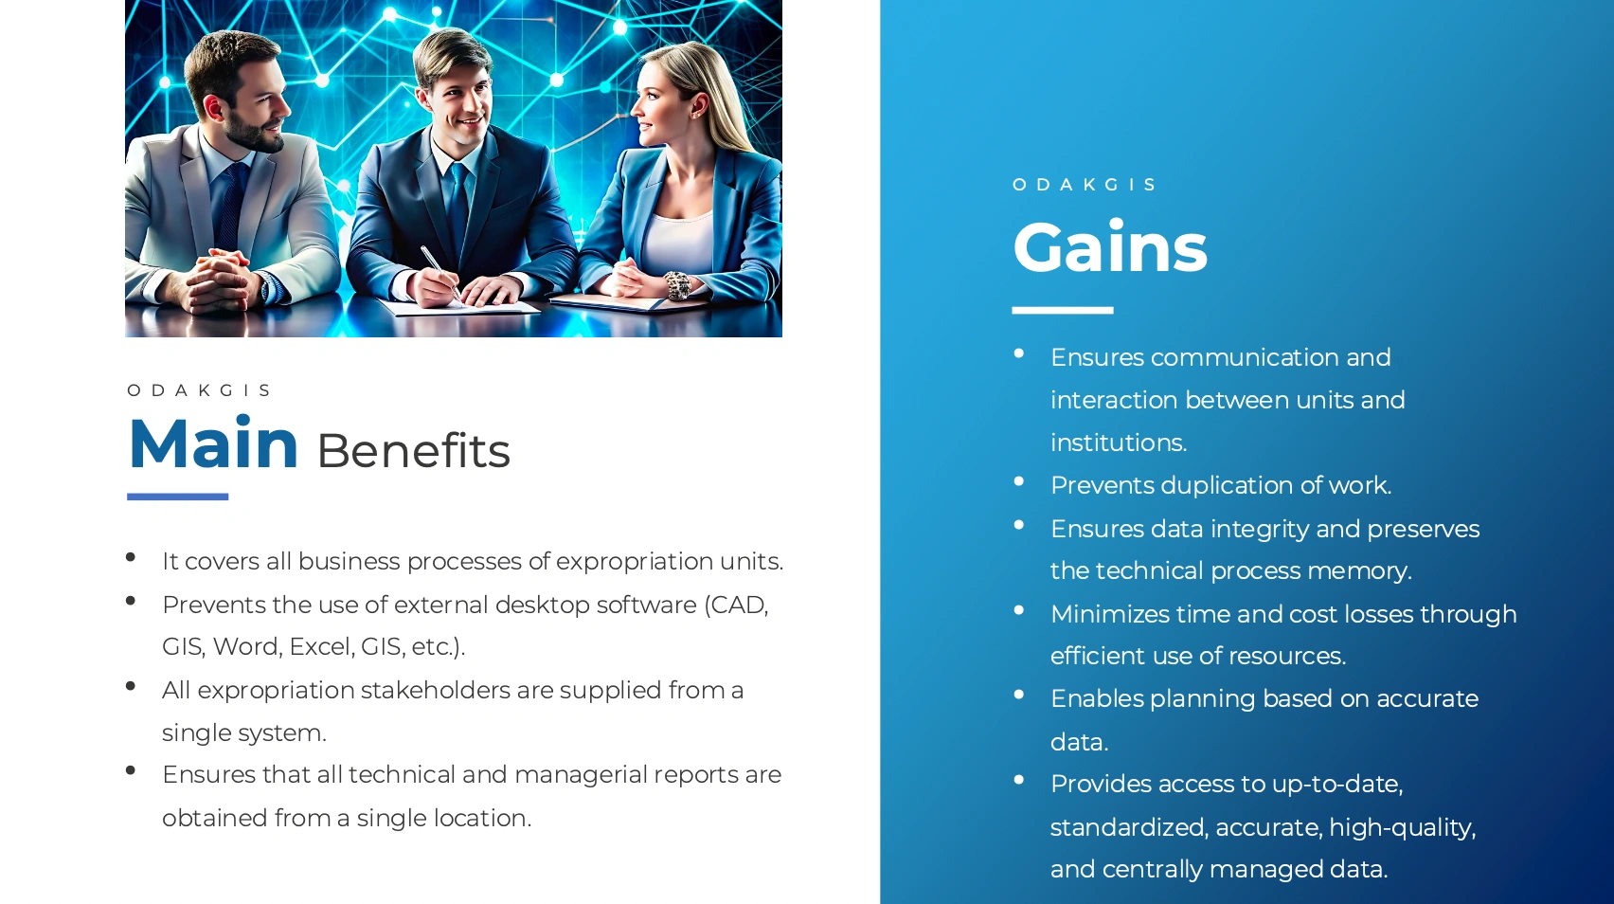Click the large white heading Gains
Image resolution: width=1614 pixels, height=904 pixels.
tap(1110, 247)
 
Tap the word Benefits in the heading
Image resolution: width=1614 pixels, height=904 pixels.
tap(414, 451)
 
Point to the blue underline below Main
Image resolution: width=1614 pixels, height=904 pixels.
tap(177, 497)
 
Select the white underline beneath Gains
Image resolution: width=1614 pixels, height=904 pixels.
tap(1062, 310)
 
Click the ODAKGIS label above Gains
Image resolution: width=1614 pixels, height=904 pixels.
tap(1085, 185)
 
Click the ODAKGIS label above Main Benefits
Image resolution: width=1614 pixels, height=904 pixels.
tap(199, 390)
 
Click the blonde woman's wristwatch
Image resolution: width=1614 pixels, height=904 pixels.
tap(677, 285)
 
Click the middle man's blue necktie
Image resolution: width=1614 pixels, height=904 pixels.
tap(458, 210)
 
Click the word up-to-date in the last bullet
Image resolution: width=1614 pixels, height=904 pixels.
tap(1337, 785)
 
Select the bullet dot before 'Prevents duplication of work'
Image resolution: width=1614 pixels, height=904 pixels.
tap(1019, 481)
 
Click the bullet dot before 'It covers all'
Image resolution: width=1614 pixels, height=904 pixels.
tap(131, 556)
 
